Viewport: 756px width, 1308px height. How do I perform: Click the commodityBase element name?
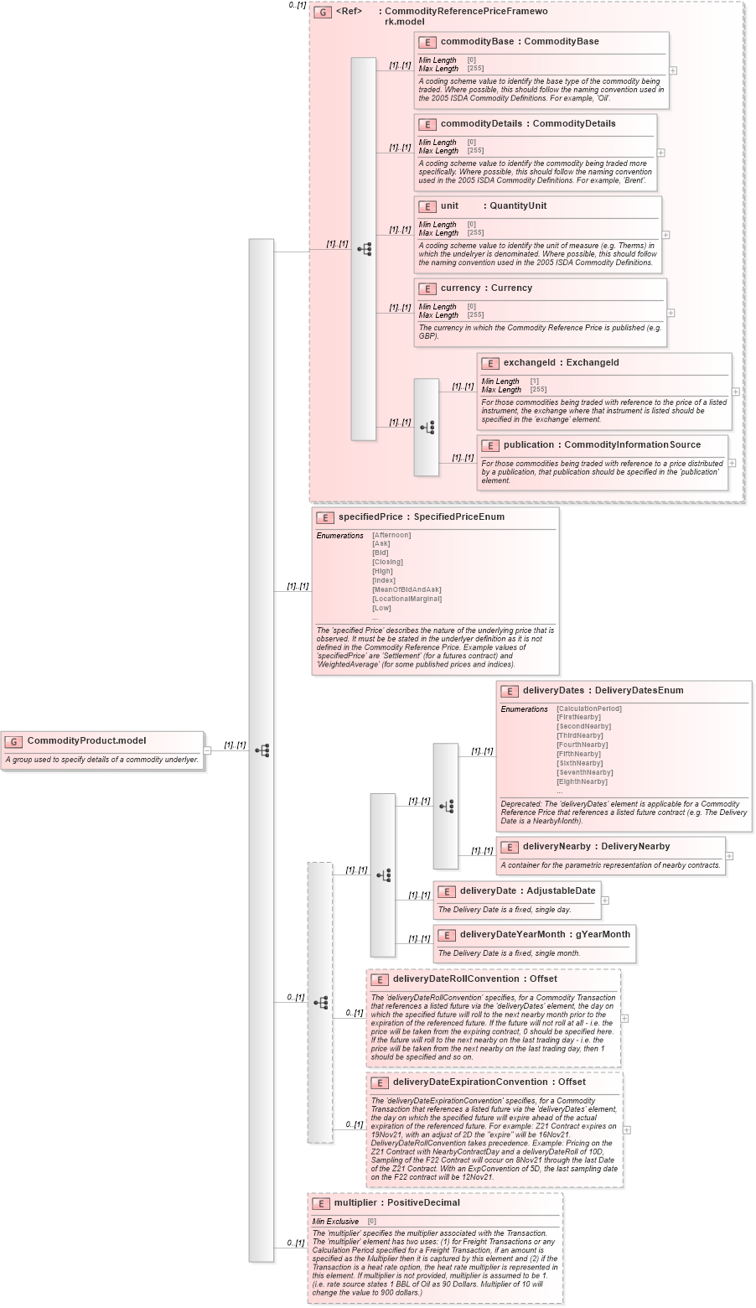[x=477, y=42]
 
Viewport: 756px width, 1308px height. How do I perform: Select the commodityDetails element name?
[x=481, y=124]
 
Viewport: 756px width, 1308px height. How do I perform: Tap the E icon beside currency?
[x=427, y=288]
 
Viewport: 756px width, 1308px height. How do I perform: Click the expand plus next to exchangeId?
[x=735, y=392]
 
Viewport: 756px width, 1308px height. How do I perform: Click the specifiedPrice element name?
[x=370, y=517]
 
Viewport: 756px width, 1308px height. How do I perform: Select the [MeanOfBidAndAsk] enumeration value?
[x=406, y=589]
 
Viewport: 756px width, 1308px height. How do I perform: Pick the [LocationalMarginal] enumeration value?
[x=406, y=599]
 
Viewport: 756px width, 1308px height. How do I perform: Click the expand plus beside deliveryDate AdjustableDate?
[x=605, y=901]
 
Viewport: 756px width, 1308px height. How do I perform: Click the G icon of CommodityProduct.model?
[x=13, y=741]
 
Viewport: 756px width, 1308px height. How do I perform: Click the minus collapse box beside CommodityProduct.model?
[x=207, y=750]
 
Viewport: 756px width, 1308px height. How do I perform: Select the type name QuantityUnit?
[x=518, y=206]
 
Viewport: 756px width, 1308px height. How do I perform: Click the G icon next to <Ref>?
[x=322, y=13]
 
